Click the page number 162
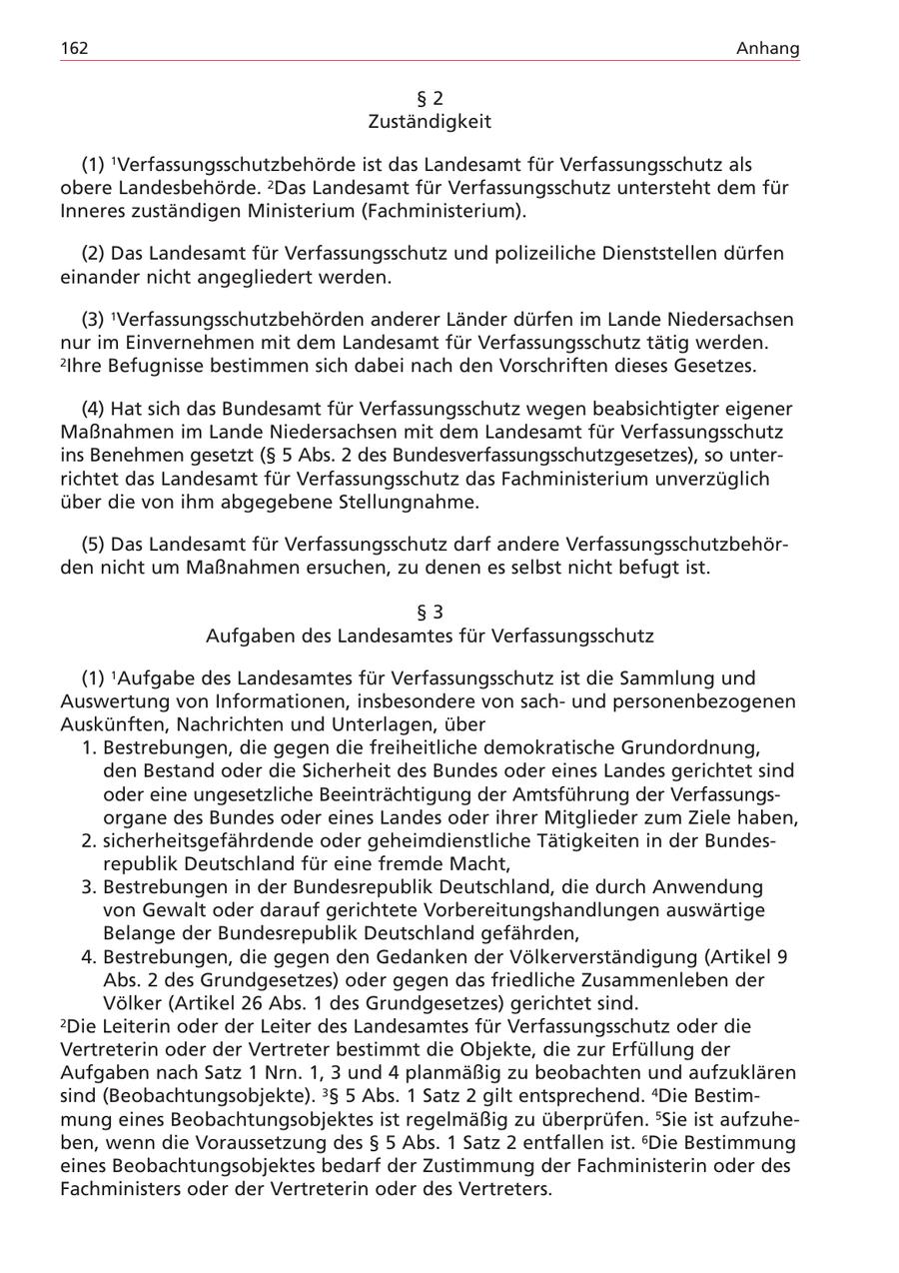pyautogui.click(x=74, y=48)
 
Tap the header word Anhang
pyautogui.click(x=768, y=48)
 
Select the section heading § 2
pyautogui.click(x=430, y=98)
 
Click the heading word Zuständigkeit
pyautogui.click(x=430, y=122)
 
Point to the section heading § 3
pyautogui.click(x=430, y=612)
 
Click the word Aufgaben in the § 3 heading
pyautogui.click(x=246, y=636)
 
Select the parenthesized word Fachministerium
pyautogui.click(x=443, y=211)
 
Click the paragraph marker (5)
pyautogui.click(x=95, y=545)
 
